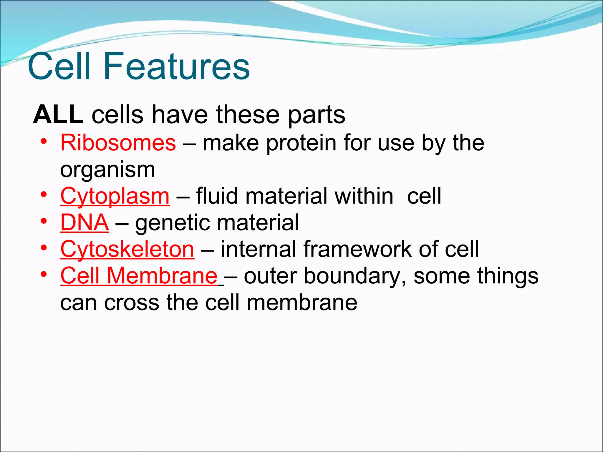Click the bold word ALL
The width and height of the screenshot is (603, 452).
tap(58, 115)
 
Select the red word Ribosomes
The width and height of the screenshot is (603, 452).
tap(118, 143)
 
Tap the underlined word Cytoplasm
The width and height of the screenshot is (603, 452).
tap(115, 196)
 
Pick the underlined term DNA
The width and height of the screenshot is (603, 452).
tap(85, 223)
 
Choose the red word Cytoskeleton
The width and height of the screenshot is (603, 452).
tap(127, 249)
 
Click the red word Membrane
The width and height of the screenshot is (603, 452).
tap(162, 276)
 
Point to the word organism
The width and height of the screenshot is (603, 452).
tap(107, 170)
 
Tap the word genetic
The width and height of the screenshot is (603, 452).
tap(171, 223)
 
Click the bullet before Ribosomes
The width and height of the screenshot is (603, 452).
tap(44, 142)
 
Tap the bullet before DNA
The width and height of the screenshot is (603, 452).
tap(44, 221)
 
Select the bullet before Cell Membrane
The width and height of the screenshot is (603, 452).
tap(44, 275)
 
